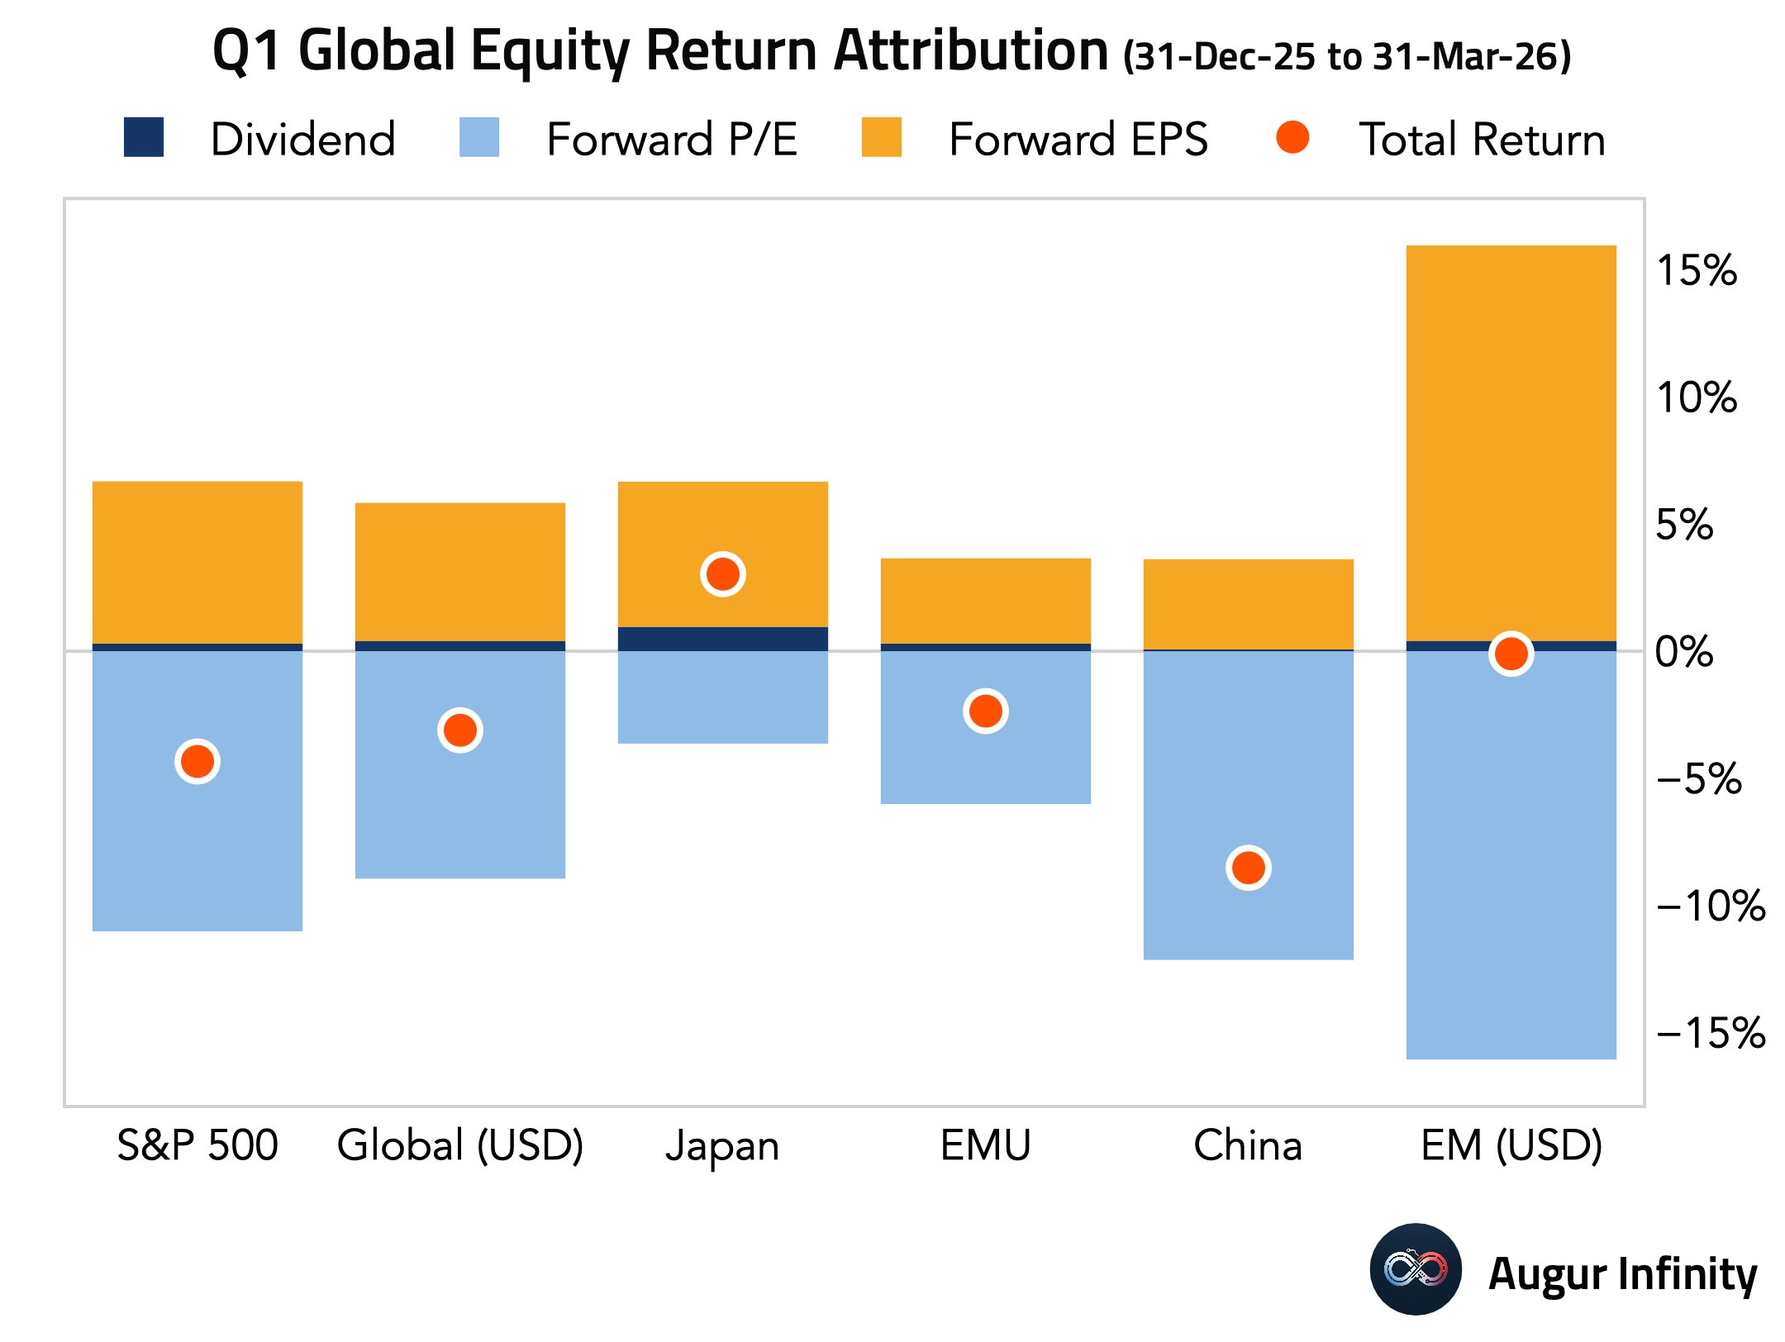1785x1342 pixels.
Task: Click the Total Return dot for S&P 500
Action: coord(198,761)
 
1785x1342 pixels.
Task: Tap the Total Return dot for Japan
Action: coord(723,573)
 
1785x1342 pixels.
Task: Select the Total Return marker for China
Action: coord(1249,868)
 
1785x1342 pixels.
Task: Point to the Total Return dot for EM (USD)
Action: coord(1511,654)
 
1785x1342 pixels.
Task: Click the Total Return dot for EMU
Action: coord(986,711)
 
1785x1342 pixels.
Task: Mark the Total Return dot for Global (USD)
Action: coord(460,730)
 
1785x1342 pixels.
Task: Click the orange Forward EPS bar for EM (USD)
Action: coord(1511,443)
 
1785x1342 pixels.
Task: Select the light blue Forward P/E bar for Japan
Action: coord(723,697)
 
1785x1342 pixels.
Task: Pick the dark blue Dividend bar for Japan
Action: coord(723,639)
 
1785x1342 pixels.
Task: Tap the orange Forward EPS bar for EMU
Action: coord(986,601)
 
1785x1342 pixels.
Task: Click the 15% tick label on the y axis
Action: coord(1697,270)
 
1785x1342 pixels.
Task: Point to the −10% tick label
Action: coord(1711,906)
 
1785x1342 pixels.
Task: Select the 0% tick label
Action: coord(1684,652)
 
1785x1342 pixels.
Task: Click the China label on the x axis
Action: coord(1248,1145)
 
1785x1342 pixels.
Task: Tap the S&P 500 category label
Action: coord(198,1145)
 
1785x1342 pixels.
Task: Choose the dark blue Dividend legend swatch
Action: coord(144,137)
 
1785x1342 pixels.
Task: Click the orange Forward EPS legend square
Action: coord(882,137)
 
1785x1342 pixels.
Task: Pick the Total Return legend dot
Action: coord(1292,137)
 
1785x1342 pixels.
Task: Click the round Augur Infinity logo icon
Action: coord(1416,1269)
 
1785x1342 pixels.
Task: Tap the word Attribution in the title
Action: coord(971,50)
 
